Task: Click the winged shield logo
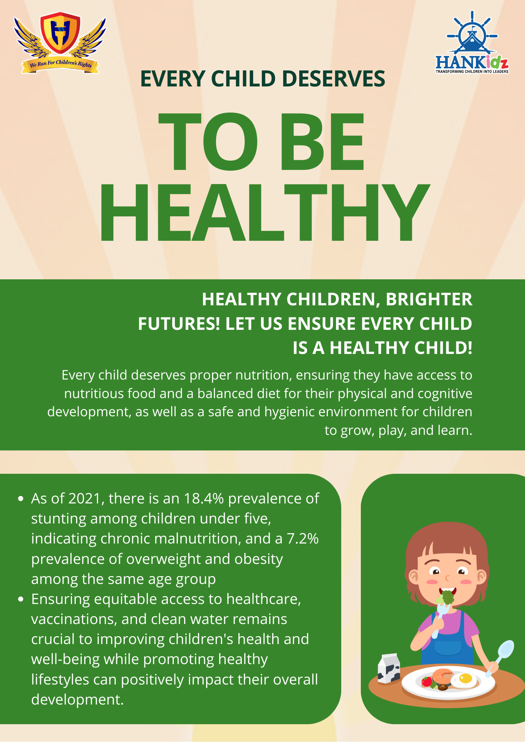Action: [60, 43]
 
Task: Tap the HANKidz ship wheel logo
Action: [472, 42]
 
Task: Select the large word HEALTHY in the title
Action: [264, 213]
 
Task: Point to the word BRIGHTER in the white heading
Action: [429, 299]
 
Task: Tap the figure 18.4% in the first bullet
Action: [204, 499]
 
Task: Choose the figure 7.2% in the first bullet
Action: [303, 539]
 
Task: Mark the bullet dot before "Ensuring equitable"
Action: [21, 599]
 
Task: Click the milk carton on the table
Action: [388, 669]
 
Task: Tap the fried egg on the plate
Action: [464, 680]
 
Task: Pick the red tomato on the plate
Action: [427, 681]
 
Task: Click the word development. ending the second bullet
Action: [77, 700]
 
